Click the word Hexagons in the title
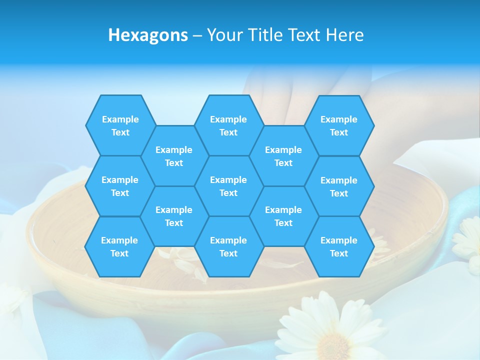click(148, 35)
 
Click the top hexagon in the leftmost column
click(120, 125)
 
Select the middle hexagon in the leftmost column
click(120, 186)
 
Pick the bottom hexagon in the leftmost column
click(119, 246)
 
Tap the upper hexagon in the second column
click(174, 156)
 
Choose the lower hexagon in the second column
click(174, 216)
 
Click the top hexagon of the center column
click(228, 125)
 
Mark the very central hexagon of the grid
click(228, 186)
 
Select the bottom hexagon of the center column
click(228, 246)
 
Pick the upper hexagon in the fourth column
click(283, 156)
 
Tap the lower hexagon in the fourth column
click(283, 216)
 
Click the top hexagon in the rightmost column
click(339, 125)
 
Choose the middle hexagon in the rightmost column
click(339, 186)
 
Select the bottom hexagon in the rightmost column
click(339, 246)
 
